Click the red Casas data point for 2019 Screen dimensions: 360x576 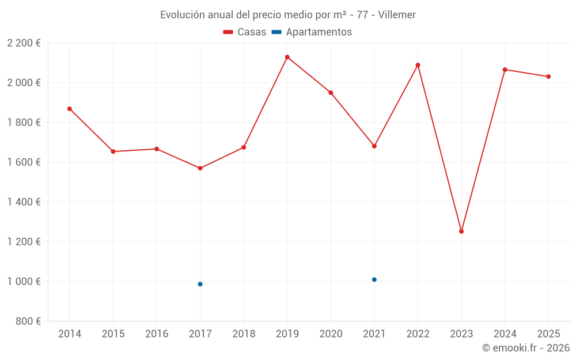tap(287, 57)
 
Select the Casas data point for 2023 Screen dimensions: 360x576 tap(461, 232)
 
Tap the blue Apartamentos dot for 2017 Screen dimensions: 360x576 tap(200, 284)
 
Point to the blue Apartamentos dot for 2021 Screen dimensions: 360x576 tap(374, 279)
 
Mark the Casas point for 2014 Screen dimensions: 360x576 tap(70, 109)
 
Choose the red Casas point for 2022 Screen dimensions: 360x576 tap(418, 65)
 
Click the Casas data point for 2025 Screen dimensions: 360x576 tap(548, 77)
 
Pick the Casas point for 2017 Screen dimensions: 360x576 tap(200, 168)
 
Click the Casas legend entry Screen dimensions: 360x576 tap(245, 32)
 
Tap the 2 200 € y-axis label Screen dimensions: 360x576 tap(24, 43)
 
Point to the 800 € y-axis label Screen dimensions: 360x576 tap(28, 321)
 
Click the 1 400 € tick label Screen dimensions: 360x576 tap(24, 202)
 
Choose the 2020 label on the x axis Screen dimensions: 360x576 tap(331, 334)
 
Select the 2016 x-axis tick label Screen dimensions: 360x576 tap(157, 334)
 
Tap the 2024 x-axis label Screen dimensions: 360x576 tap(505, 334)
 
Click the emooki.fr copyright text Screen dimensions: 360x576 tap(526, 348)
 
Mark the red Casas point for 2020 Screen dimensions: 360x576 tap(331, 93)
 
